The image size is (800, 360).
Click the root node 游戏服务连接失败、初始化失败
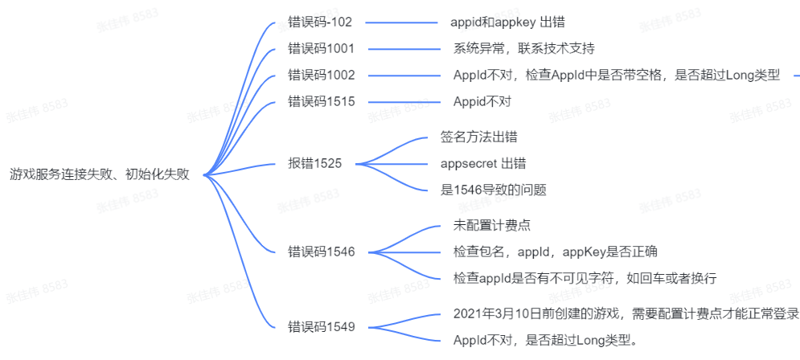pyautogui.click(x=100, y=174)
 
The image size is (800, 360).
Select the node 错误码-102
pyautogui.click(x=320, y=22)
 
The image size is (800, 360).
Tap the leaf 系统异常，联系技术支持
pyautogui.click(x=524, y=48)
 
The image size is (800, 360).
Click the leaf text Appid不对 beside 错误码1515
pyautogui.click(x=482, y=101)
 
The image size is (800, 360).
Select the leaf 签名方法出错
pyautogui.click(x=478, y=137)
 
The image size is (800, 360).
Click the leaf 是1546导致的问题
pyautogui.click(x=494, y=190)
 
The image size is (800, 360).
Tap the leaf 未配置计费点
pyautogui.click(x=492, y=224)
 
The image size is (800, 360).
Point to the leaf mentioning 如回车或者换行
pyautogui.click(x=585, y=277)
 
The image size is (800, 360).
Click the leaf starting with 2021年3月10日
pyautogui.click(x=626, y=313)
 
